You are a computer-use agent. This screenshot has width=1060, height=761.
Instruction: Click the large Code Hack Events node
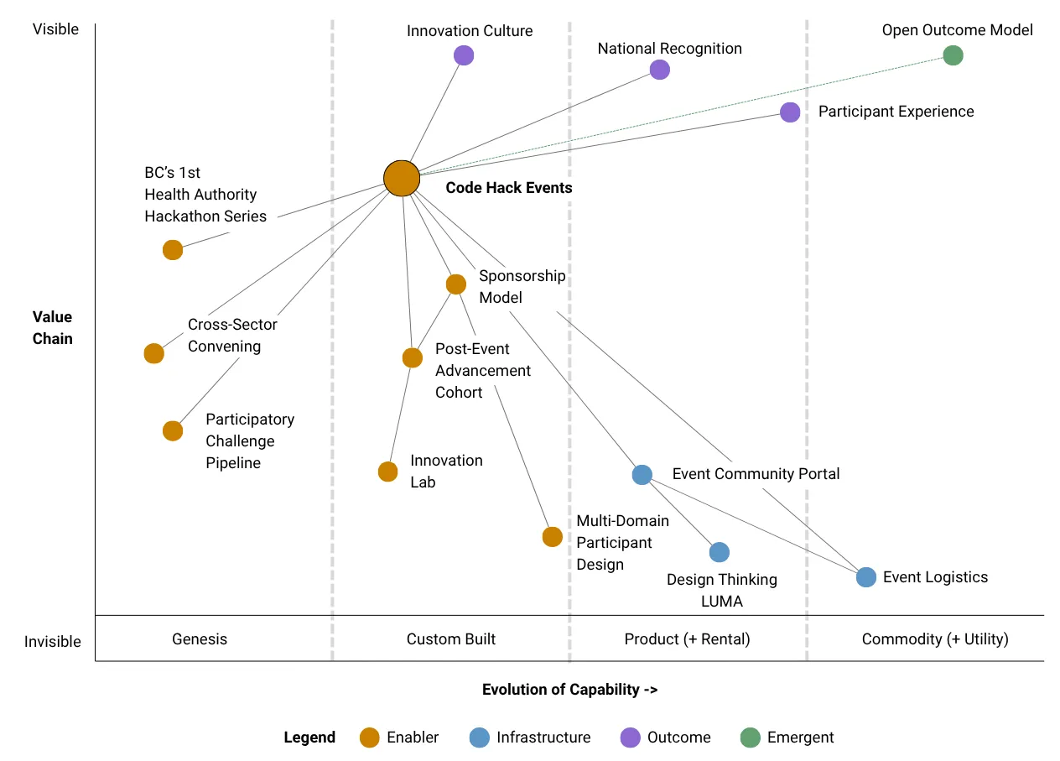coord(402,178)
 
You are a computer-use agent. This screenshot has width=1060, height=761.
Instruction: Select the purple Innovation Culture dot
coord(464,55)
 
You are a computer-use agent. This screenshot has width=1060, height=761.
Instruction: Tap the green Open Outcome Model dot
coord(953,55)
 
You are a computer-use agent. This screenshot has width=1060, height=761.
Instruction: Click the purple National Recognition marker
coord(660,70)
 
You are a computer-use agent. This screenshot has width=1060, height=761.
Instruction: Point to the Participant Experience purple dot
coord(790,112)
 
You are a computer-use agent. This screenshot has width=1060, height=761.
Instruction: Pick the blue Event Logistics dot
coord(866,577)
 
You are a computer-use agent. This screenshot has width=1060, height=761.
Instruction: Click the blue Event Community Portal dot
coord(642,474)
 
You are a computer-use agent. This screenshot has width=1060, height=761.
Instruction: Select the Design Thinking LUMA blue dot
coord(719,552)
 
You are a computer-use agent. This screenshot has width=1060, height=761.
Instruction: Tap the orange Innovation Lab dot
coord(387,472)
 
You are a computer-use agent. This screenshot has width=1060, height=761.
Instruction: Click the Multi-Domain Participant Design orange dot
coord(552,537)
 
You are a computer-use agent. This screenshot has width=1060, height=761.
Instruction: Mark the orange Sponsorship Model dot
coord(455,284)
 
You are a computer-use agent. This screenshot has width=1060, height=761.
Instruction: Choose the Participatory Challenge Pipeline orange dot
coord(173,430)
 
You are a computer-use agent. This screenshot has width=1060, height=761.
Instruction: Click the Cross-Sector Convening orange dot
coord(153,353)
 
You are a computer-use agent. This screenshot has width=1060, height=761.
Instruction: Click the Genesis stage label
coord(200,639)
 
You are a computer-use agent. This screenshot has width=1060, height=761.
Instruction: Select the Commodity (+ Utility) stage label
coord(935,639)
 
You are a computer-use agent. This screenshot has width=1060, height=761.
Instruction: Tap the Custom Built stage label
coord(451,639)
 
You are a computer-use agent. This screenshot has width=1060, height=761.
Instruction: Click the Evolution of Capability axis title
coord(569,690)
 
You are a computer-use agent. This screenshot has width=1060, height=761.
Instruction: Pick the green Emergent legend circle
coord(750,738)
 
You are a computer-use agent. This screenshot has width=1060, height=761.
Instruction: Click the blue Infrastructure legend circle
coord(479,738)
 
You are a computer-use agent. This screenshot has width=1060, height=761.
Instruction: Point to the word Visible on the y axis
coord(55,29)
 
